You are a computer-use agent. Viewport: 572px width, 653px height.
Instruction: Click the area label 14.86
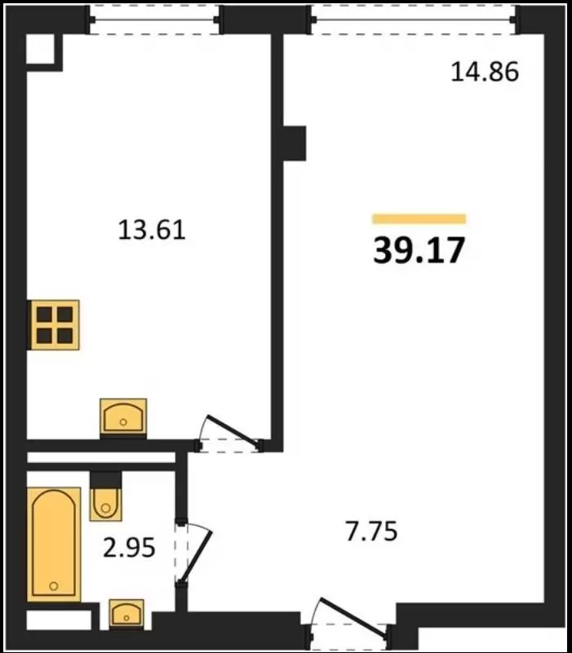point(485,71)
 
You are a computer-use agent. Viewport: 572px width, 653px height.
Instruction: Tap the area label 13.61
point(152,230)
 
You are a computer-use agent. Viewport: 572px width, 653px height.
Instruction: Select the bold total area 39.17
point(419,250)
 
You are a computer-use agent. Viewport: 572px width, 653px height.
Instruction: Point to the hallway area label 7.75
point(371,531)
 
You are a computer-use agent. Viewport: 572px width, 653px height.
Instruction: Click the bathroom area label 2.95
point(129,547)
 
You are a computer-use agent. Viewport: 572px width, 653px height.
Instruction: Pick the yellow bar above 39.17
point(419,218)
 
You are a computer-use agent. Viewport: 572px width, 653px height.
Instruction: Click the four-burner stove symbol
point(54,324)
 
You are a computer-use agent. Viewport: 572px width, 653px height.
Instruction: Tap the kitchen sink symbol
point(123,417)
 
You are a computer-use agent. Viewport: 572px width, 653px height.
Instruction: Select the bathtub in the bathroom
point(54,544)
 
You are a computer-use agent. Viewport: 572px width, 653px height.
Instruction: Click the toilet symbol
point(106,502)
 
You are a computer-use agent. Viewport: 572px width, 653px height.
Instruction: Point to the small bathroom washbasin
point(126,614)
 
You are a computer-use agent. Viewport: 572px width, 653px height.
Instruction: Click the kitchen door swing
point(229,433)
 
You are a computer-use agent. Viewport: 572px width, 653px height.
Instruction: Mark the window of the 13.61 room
point(154,20)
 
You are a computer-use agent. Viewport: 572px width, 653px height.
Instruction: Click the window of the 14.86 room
point(413,20)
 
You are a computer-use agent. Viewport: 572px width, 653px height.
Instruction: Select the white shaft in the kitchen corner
point(41,49)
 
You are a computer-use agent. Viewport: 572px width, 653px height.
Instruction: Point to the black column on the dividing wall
point(295,143)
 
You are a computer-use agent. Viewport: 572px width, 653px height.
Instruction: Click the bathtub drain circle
point(53,586)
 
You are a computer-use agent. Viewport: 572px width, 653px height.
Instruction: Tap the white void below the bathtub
point(59,620)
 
